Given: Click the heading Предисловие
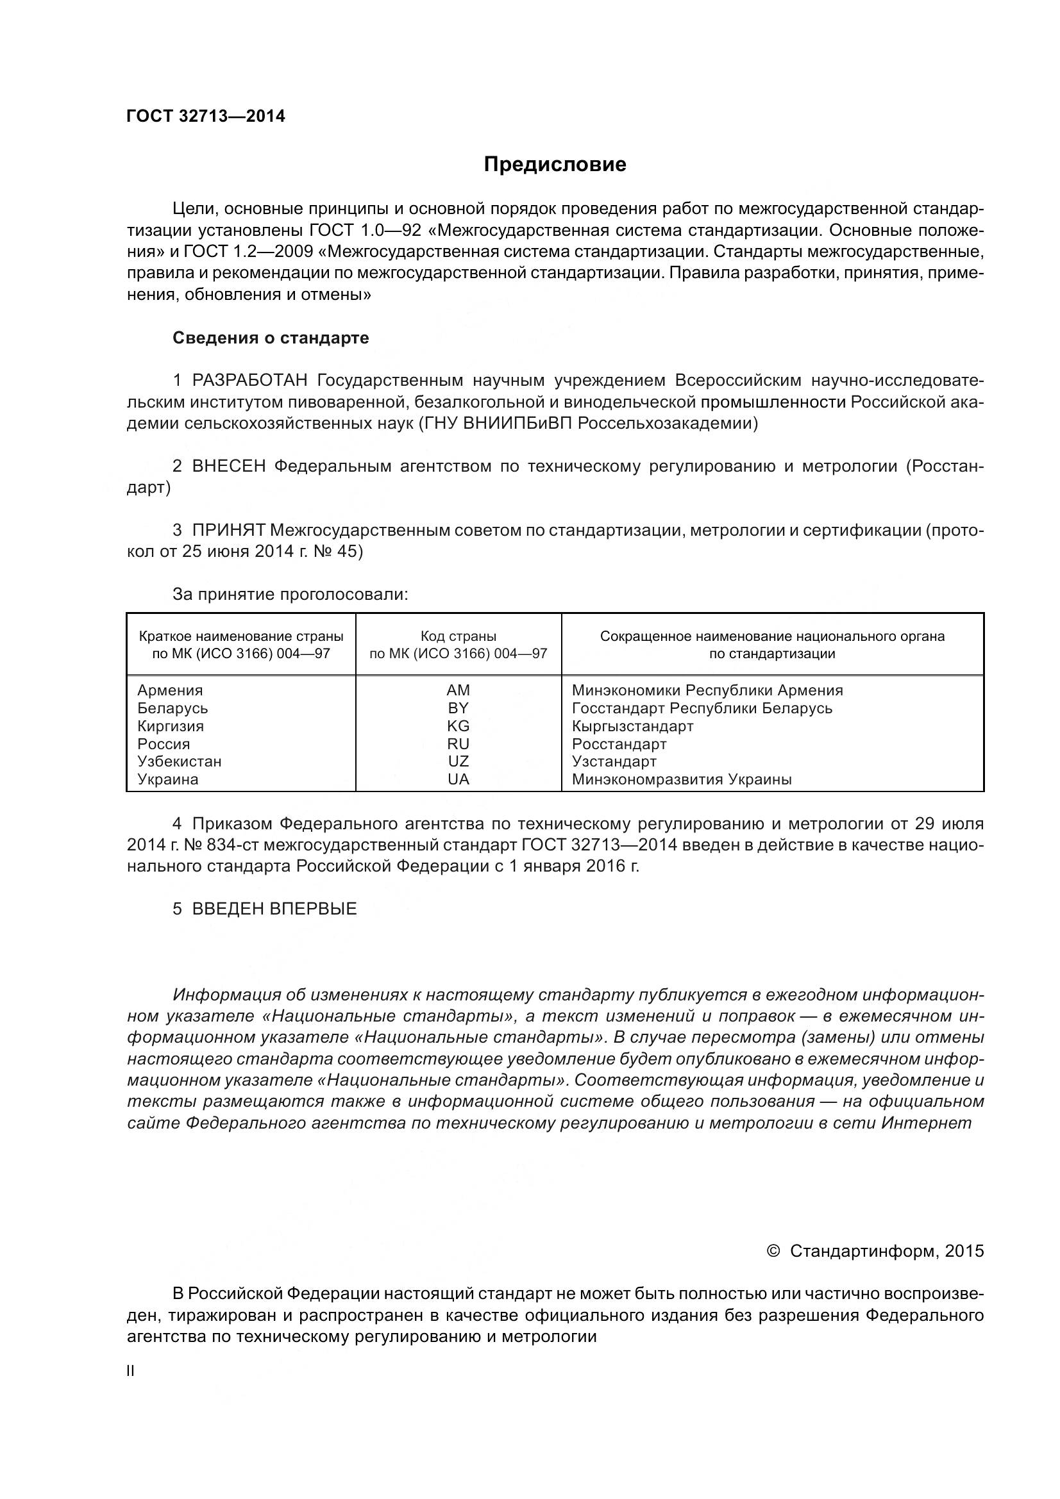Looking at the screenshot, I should (555, 165).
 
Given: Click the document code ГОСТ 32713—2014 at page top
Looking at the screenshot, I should (206, 117).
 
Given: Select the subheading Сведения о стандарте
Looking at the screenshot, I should (271, 338).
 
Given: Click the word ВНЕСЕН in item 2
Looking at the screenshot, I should (228, 466).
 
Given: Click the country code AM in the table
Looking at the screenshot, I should (458, 691).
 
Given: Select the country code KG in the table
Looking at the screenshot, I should (458, 726).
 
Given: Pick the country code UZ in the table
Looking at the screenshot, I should (458, 761).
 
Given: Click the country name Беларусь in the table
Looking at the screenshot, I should (172, 708).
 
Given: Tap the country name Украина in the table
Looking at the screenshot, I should (168, 779).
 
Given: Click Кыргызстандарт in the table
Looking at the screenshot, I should (632, 726).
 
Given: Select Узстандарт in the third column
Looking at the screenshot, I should (614, 761).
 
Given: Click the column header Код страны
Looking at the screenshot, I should (458, 636).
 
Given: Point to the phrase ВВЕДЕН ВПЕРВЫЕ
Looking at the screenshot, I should (274, 909).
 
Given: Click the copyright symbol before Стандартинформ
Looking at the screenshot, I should (773, 1250).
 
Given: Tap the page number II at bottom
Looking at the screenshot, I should (131, 1371).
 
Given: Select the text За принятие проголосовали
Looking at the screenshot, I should (290, 594).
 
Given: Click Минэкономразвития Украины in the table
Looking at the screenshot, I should (681, 779).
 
